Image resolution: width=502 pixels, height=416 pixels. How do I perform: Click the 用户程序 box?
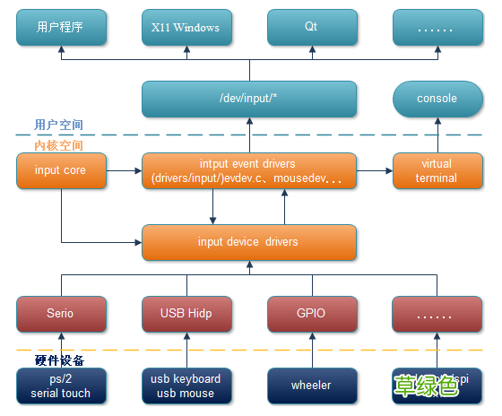coord(61,28)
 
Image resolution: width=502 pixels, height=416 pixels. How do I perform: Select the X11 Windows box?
coord(186,28)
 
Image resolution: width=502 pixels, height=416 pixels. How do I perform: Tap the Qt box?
coord(311,28)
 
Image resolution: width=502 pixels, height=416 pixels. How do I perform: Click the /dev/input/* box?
coord(249,99)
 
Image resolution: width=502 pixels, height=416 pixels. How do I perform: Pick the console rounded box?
coord(437,99)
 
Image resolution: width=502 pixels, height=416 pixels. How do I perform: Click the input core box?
coord(61,170)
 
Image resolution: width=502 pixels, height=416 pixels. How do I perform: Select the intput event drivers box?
coord(249,170)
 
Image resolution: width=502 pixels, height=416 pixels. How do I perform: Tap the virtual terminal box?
coord(437,170)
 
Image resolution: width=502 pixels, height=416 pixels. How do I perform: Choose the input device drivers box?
coord(249,242)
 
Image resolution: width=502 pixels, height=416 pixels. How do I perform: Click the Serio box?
coord(61,314)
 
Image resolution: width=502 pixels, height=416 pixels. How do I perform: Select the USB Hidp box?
coord(186,314)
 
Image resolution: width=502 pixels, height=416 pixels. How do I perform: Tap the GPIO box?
coord(311,314)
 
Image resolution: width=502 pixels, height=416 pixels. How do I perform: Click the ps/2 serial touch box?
coord(61,386)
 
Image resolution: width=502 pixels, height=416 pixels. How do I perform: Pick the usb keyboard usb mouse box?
coord(186,386)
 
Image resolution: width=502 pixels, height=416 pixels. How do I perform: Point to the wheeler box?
coord(311,386)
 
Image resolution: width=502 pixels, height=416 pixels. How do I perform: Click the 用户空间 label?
coord(59,125)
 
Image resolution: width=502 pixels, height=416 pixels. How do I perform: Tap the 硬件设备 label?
coord(59,360)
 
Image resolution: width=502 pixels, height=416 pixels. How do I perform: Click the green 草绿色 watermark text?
coord(427,385)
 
